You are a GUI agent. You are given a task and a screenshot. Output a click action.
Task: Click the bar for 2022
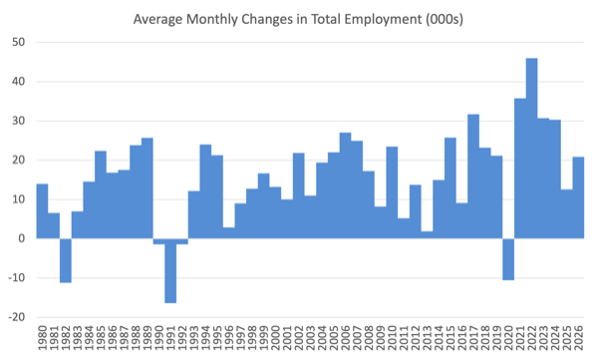click(531, 149)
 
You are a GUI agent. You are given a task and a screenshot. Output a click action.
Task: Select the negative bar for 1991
click(170, 270)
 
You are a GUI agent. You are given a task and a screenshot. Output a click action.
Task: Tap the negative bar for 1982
click(66, 260)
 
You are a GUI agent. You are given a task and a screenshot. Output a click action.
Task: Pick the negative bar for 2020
click(508, 259)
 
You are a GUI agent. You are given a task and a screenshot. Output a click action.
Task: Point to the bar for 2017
click(473, 177)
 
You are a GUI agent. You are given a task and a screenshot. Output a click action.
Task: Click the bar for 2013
click(427, 234)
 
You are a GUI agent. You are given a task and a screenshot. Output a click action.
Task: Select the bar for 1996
click(229, 233)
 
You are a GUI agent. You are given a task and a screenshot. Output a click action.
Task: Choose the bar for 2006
click(345, 185)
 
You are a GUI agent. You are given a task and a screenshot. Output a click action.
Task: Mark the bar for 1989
click(148, 188)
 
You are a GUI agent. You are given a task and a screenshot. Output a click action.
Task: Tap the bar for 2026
click(578, 197)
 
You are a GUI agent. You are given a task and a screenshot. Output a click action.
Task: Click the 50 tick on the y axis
click(18, 42)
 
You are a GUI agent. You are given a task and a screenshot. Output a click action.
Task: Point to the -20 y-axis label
click(16, 317)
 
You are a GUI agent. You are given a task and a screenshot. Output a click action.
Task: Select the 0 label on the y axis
click(21, 238)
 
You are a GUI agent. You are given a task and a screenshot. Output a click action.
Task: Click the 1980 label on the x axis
click(42, 338)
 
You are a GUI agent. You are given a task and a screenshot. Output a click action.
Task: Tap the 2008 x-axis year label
click(369, 338)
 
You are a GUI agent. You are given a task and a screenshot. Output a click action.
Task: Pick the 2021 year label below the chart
click(520, 338)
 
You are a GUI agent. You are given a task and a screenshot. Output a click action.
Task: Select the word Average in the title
click(157, 19)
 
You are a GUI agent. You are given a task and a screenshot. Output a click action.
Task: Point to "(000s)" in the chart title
click(445, 19)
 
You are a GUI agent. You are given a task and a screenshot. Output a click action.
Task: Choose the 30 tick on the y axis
click(18, 121)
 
